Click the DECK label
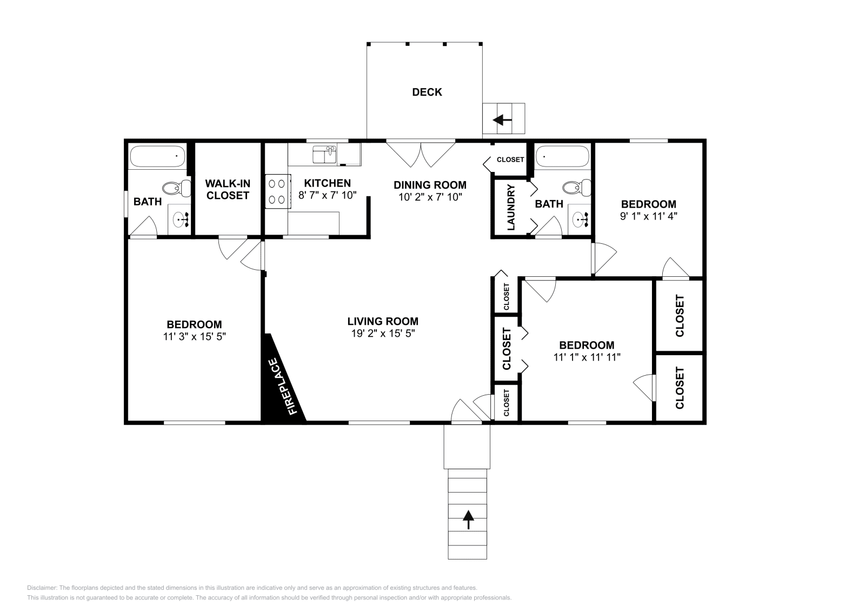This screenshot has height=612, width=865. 427,92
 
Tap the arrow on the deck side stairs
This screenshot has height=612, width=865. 503,119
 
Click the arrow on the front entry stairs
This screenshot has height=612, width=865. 468,520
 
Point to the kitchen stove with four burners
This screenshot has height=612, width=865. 276,191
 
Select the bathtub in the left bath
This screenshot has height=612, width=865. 157,156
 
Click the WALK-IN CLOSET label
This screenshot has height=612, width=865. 228,190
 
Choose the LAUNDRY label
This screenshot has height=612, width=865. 511,208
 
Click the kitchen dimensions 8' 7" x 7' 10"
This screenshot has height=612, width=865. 328,195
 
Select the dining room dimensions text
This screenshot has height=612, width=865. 430,197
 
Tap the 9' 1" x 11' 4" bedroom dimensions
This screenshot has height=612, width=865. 648,215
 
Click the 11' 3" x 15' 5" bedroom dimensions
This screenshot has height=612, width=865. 194,336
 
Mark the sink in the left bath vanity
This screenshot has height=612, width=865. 180,219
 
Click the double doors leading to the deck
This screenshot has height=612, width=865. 421,154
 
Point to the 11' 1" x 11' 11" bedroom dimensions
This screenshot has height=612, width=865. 587,357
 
